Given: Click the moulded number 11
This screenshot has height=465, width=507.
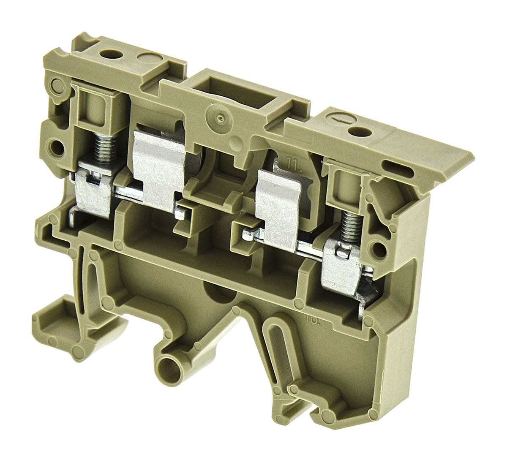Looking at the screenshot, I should click(x=292, y=162).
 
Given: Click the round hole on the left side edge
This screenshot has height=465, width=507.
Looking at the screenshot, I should click(x=55, y=146).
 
